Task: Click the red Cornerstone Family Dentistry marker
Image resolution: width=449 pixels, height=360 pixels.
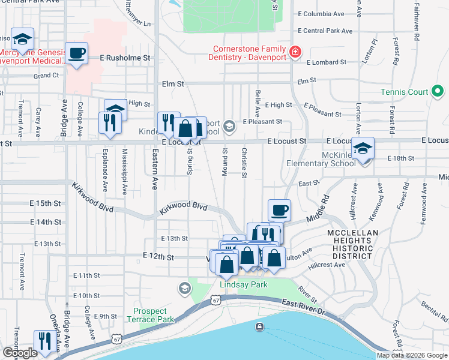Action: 295,52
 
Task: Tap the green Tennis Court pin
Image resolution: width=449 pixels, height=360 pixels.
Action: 438,92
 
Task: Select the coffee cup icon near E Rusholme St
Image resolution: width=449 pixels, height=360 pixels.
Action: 77,53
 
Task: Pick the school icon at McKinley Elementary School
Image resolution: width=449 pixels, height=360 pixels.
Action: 363,148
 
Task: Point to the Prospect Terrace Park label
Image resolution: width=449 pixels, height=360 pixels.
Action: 149,315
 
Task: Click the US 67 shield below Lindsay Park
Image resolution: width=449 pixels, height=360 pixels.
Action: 216,299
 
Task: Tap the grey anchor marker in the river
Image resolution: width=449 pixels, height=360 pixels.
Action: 259,326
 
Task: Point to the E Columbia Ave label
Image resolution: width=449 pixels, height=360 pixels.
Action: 321,13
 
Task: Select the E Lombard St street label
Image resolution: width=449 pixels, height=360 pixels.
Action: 327,62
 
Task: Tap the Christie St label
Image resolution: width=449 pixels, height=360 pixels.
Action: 244,163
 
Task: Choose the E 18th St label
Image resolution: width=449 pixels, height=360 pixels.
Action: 401,158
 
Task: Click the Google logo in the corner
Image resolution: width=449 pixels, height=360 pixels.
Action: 20,353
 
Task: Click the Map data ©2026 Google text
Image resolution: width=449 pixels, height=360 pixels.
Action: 412,355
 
